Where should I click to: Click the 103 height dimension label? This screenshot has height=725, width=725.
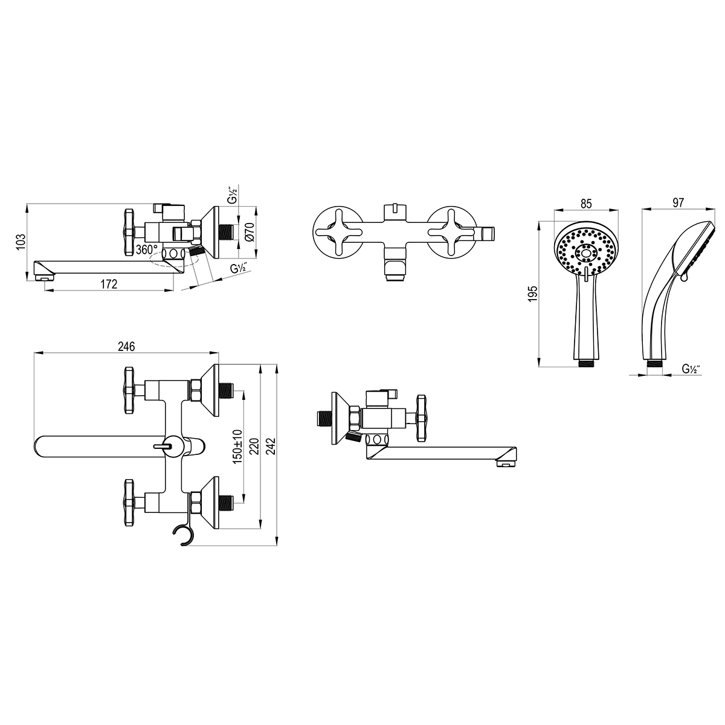click(21, 242)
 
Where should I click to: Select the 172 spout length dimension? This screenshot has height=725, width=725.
click(109, 284)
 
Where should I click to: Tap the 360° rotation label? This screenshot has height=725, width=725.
click(147, 250)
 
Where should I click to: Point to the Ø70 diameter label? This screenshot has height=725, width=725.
click(251, 232)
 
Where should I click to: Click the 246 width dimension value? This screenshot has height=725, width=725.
click(126, 347)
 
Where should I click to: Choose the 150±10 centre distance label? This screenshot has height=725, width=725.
click(237, 446)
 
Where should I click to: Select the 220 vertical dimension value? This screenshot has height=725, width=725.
click(255, 446)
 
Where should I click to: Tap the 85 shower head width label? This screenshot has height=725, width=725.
click(586, 204)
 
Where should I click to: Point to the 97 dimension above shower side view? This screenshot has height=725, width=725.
click(678, 203)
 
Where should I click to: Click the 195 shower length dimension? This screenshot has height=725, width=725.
click(533, 294)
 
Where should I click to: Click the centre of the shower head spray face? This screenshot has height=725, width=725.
click(586, 253)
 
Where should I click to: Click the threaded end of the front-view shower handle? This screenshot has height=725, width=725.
click(586, 364)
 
